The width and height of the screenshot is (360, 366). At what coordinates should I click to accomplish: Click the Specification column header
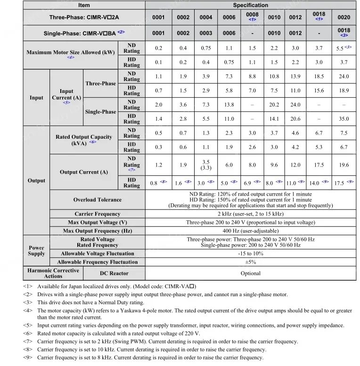pyautogui.click(x=251, y=5)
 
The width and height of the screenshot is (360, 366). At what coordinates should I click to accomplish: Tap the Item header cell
pyautogui.click(x=84, y=5)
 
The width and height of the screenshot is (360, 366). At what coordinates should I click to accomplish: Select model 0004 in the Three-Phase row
pyautogui.click(x=206, y=17)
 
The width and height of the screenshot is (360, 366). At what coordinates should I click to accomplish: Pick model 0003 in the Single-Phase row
pyautogui.click(x=206, y=33)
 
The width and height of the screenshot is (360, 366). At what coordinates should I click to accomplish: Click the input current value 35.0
pyautogui.click(x=344, y=119)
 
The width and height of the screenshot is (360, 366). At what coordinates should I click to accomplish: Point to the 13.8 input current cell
pyautogui.click(x=229, y=105)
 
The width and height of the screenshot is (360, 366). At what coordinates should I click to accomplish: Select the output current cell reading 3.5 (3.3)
pyautogui.click(x=206, y=165)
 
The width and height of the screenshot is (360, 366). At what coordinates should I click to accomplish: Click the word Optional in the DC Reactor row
pyautogui.click(x=251, y=273)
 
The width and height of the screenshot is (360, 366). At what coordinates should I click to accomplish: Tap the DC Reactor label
pyautogui.click(x=114, y=273)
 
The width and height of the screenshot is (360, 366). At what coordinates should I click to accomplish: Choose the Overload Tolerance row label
pyautogui.click(x=97, y=200)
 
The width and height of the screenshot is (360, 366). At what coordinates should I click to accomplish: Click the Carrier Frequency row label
pyautogui.click(x=97, y=214)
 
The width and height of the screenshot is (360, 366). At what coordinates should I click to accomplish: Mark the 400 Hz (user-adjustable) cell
pyautogui.click(x=251, y=231)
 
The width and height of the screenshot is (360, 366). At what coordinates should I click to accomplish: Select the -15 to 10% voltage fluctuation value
pyautogui.click(x=251, y=253)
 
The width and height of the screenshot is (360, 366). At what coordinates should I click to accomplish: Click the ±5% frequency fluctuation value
pyautogui.click(x=251, y=262)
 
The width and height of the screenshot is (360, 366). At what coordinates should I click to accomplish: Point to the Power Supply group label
pyautogui.click(x=36, y=250)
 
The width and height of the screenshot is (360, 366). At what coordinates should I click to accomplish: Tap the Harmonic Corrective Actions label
pyautogui.click(x=53, y=273)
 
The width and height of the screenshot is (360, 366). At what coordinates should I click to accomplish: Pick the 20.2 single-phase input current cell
pyautogui.click(x=274, y=105)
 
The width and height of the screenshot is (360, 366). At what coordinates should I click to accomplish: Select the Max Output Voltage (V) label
pyautogui.click(x=97, y=222)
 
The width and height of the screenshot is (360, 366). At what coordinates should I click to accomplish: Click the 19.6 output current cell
pyautogui.click(x=344, y=165)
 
